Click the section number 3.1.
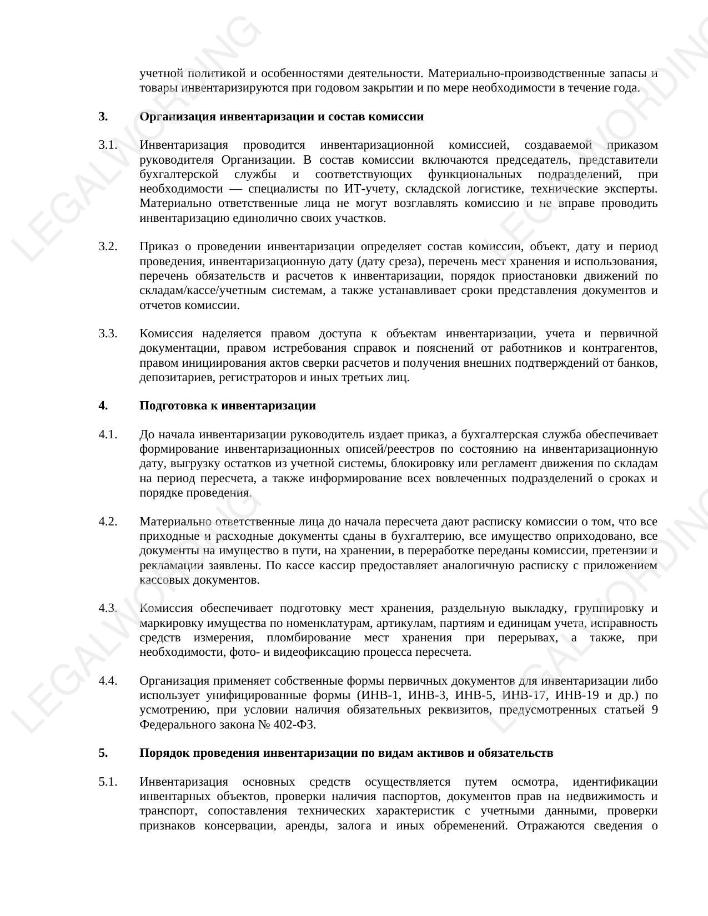click(x=108, y=145)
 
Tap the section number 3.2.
click(x=108, y=246)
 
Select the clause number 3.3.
click(x=108, y=333)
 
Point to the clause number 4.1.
click(x=108, y=434)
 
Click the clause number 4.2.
click(x=108, y=522)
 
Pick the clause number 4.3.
click(x=108, y=608)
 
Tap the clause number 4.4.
click(x=108, y=681)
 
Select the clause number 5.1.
click(x=108, y=782)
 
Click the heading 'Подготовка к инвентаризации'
click(x=227, y=406)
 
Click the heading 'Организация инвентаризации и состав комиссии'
click(x=281, y=117)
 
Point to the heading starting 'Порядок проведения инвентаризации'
click(x=346, y=753)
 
